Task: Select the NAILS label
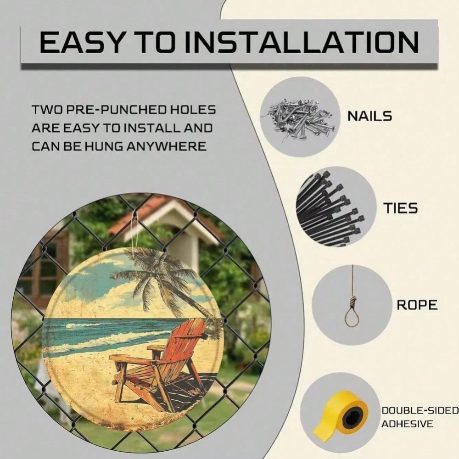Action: point(369,116)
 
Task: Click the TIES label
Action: point(400,208)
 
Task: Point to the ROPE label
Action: point(417,305)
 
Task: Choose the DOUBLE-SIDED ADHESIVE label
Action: point(420,417)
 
